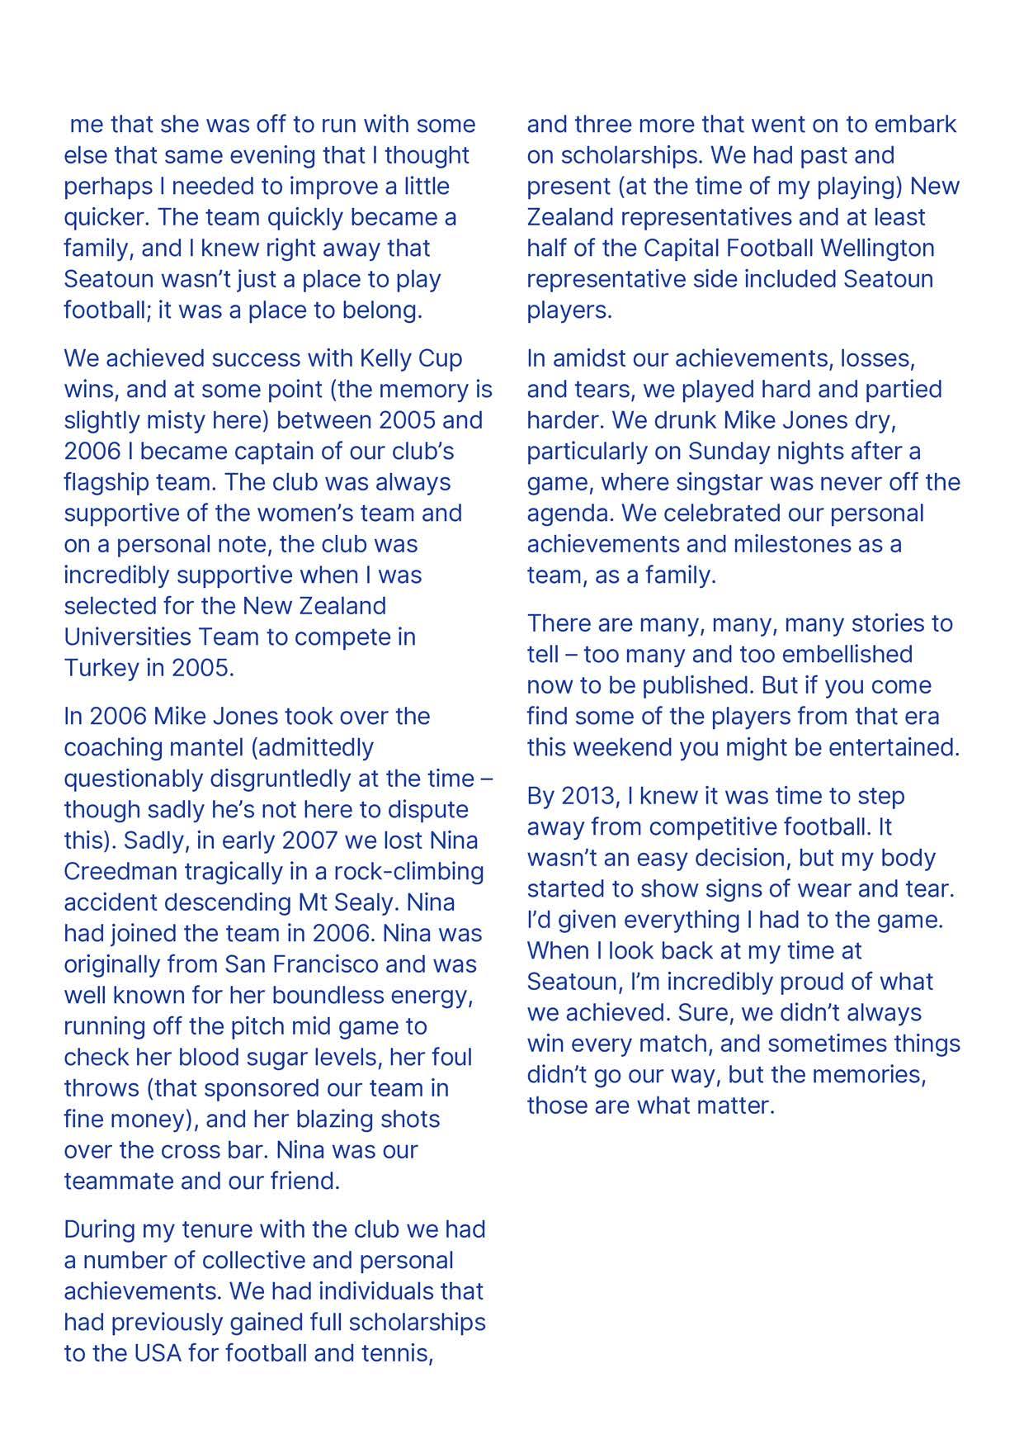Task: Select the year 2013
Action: click(x=589, y=796)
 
